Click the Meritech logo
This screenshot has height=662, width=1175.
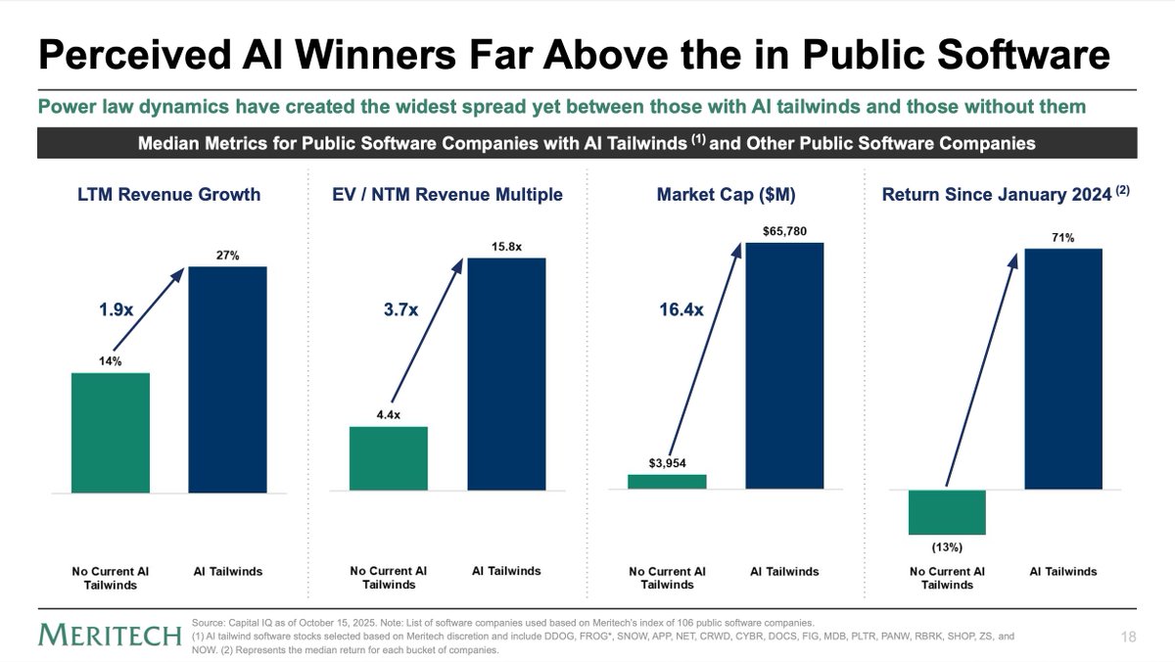point(111,636)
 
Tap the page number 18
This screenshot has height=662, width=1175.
point(1128,637)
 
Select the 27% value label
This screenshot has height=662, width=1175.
point(228,256)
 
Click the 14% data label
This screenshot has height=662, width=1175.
point(110,361)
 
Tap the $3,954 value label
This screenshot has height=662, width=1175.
point(666,462)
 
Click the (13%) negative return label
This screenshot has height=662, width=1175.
point(946,545)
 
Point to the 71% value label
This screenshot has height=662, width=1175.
point(1063,237)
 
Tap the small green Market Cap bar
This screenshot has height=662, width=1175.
point(666,481)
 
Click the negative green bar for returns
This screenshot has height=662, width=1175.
point(946,510)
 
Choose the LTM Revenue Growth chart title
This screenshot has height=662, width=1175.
point(169,194)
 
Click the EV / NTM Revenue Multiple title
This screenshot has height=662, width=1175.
point(447,194)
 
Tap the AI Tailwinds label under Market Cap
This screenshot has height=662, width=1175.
point(784,571)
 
